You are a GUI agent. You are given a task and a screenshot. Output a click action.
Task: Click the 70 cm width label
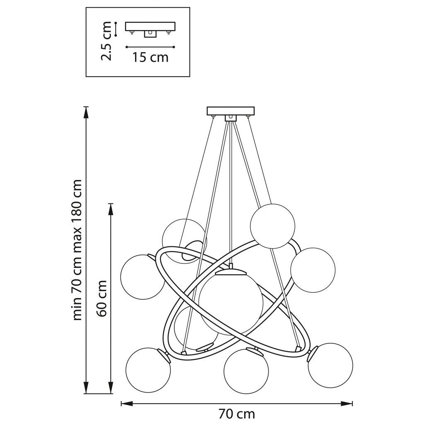(x=236, y=413)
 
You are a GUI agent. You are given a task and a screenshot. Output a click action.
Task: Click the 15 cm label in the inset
(x=150, y=57)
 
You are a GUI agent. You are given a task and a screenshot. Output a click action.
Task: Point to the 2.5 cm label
(x=107, y=41)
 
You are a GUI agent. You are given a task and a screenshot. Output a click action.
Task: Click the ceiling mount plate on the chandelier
(x=230, y=111)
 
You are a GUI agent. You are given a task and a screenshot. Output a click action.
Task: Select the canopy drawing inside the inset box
(x=150, y=28)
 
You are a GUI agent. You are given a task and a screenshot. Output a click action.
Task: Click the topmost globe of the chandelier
(x=272, y=226)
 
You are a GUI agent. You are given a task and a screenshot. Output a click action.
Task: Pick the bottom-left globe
(x=148, y=370)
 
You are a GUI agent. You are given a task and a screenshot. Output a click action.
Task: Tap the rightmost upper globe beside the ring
(x=313, y=270)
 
